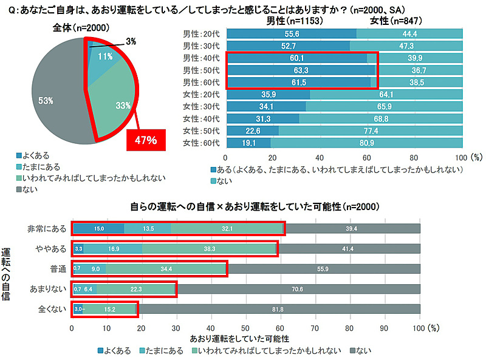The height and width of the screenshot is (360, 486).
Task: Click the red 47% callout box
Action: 146,140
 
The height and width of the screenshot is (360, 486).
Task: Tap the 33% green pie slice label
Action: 123,105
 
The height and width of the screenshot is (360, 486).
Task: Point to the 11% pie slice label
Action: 105,56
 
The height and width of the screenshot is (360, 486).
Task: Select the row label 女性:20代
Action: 202,95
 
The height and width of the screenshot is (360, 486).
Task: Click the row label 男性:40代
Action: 202,58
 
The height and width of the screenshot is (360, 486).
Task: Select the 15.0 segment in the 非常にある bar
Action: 98,228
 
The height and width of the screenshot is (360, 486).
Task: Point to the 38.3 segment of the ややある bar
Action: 210,248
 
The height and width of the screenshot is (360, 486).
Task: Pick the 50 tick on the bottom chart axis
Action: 245,327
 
